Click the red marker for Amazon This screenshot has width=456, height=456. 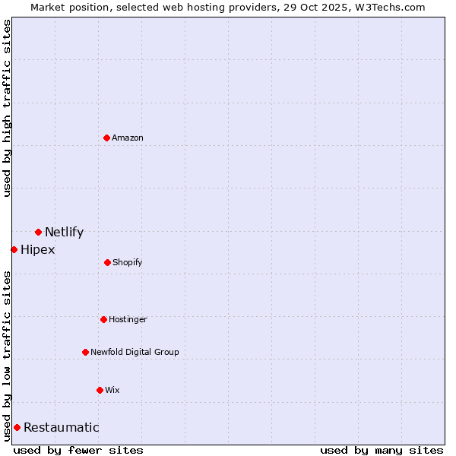(x=107, y=138)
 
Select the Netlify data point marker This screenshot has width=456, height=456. (x=38, y=232)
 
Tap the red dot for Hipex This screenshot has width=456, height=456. (x=14, y=249)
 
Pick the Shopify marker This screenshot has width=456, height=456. (x=107, y=262)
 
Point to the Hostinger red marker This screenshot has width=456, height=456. (x=103, y=319)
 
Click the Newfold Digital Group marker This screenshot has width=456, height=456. (x=85, y=352)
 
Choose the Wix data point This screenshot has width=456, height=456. (x=100, y=390)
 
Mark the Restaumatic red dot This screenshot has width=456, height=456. (x=17, y=427)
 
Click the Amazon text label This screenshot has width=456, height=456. (x=128, y=138)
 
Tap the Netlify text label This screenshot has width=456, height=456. (x=64, y=233)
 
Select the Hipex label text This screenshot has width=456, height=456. (x=37, y=250)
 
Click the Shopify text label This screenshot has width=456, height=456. (x=127, y=262)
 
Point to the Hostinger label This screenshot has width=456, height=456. (x=128, y=319)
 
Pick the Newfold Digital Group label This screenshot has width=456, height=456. (x=135, y=352)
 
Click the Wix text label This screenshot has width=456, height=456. (x=112, y=390)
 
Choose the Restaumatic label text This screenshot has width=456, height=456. (x=61, y=428)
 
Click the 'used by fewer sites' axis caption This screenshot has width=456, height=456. (x=78, y=450)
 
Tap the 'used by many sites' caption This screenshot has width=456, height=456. (x=382, y=450)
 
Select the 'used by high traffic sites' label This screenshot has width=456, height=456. (x=7, y=108)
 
